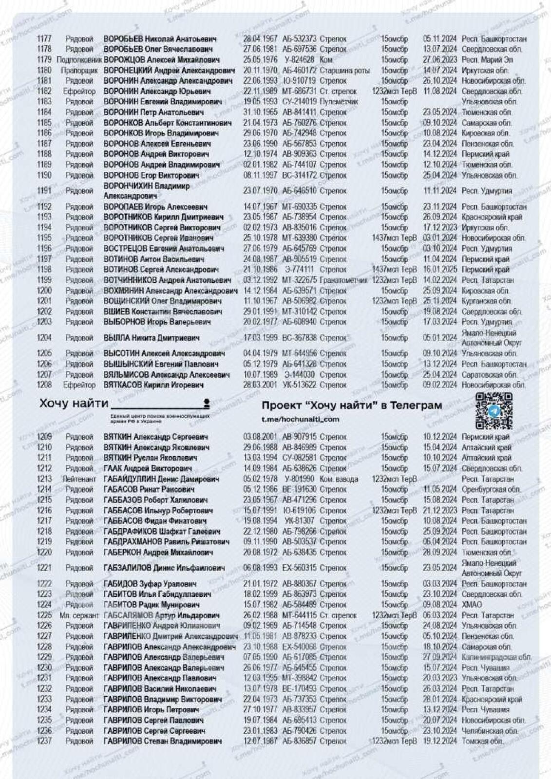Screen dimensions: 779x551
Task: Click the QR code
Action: [494, 410]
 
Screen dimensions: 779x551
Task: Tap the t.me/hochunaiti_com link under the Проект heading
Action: [300, 419]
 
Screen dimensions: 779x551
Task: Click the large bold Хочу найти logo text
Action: [74, 403]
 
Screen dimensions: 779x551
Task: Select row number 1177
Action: [44, 39]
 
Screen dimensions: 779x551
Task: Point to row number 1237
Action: [44, 741]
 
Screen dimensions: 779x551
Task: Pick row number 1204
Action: [44, 338]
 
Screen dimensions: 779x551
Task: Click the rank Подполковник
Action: [79, 60]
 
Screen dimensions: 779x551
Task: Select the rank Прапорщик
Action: [79, 71]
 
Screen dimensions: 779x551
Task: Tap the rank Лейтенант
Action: [79, 479]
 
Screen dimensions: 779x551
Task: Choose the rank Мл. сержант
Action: [79, 615]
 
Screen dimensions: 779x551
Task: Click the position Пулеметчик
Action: [339, 102]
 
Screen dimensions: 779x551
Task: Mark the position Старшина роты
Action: [344, 71]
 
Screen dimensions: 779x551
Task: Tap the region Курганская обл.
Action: [487, 301]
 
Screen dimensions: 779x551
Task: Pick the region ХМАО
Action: [472, 605]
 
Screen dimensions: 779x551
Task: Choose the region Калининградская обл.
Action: [496, 657]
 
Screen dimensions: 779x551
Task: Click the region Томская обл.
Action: [483, 741]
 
